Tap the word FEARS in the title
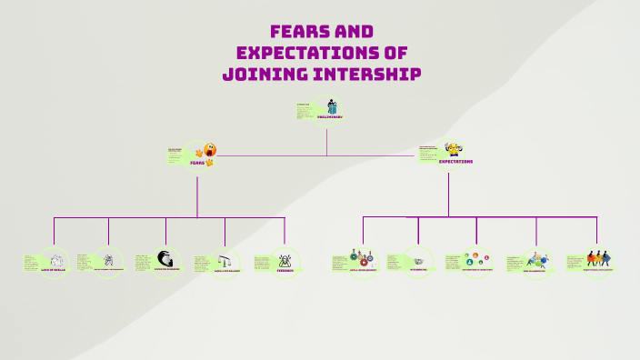pos(300,32)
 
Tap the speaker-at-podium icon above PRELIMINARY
pos(332,106)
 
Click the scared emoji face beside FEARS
pos(210,150)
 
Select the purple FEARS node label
pos(197,162)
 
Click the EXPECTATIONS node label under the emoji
pos(455,162)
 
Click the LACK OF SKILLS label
pos(53,270)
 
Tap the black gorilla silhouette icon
pos(165,258)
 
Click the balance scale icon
pos(225,260)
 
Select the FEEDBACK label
pos(285,270)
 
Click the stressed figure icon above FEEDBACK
pos(285,259)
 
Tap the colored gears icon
pos(361,258)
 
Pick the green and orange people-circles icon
pos(476,259)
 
